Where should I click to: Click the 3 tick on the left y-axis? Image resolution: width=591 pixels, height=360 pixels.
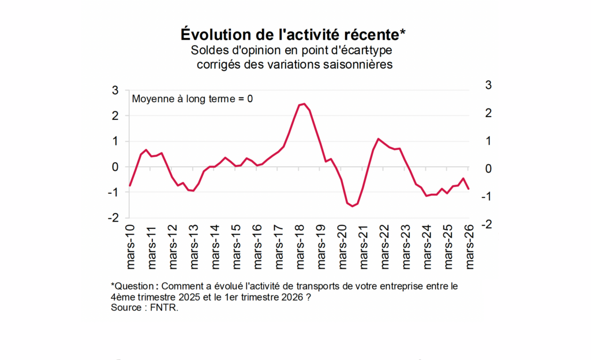[x=115, y=90]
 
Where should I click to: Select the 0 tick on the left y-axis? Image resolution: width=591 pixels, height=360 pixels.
[x=115, y=167]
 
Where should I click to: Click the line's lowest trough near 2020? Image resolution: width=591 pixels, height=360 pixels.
[x=353, y=206]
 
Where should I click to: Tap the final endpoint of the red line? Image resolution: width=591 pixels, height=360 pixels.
[x=469, y=189]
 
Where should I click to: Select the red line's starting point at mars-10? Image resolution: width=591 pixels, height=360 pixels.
[x=130, y=185]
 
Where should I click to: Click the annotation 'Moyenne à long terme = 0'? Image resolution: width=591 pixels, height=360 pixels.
[x=192, y=98]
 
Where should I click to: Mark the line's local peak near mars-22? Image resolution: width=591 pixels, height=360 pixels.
[x=378, y=139]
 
